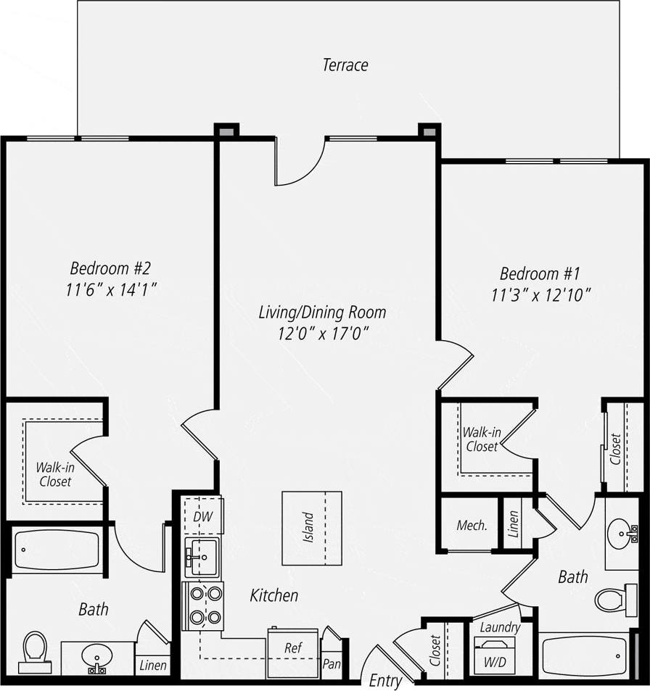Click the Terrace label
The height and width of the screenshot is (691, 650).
[345, 65]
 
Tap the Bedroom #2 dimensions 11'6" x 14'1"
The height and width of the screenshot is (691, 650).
[111, 289]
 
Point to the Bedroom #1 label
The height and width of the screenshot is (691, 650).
[540, 274]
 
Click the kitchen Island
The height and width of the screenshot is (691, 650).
[311, 528]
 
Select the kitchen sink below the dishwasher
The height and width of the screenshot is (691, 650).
[202, 556]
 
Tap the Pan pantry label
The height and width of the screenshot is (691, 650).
[332, 663]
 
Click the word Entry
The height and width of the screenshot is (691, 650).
[385, 681]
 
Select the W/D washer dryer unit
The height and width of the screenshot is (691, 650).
[494, 655]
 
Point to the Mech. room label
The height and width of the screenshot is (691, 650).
[472, 526]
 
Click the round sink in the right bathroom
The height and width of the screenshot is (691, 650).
[621, 535]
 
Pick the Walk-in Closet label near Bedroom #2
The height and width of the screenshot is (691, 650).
[55, 474]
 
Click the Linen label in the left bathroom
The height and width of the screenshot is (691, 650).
[153, 665]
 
